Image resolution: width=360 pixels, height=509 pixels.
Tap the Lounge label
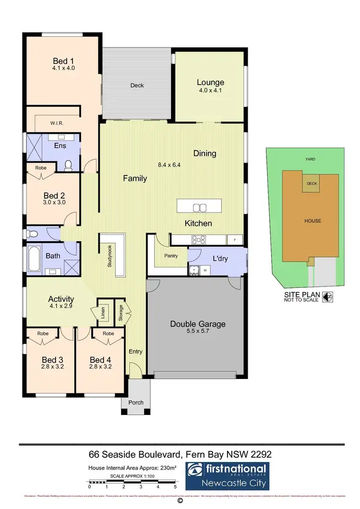pos(210,83)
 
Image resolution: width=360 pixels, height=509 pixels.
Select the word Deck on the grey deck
pos(137,85)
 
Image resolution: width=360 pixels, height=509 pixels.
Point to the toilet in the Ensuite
pos(68,165)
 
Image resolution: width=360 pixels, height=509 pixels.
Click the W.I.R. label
pos(57,123)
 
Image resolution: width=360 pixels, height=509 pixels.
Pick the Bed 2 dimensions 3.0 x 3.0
pos(54,202)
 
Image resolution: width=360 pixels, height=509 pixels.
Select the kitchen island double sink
pos(199,207)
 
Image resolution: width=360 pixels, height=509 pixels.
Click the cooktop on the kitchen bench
pos(198,239)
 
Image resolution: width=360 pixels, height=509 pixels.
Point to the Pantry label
pos(171,256)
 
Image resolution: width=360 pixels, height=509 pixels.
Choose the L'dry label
pos(220,259)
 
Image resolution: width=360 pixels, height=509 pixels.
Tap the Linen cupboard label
pos(103,312)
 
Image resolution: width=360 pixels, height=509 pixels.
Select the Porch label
pos(136,402)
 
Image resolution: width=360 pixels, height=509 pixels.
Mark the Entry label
pos(135,352)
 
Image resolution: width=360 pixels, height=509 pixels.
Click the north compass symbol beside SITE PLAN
pos(328,297)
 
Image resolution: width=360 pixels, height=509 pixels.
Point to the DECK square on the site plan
pos(312,183)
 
